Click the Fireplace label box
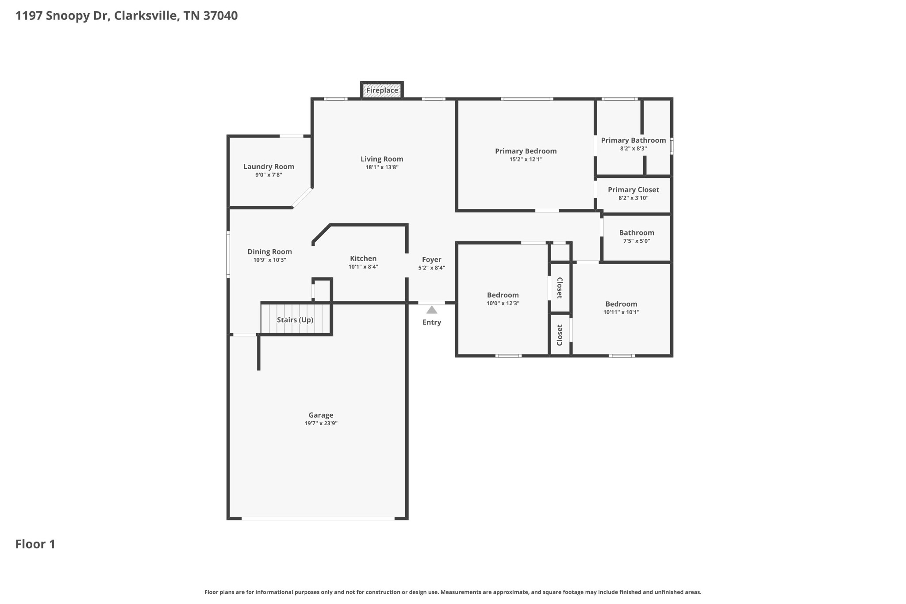point(382,90)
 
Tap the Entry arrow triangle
point(432,310)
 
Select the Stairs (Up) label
point(295,319)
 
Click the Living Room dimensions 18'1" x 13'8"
point(382,167)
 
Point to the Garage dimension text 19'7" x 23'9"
point(321,423)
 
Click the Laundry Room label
point(269,166)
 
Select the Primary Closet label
point(633,189)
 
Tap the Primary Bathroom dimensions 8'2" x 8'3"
point(633,149)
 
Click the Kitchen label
point(363,258)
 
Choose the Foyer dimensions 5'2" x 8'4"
point(431,268)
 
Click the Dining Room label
point(269,251)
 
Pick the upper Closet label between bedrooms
point(560,288)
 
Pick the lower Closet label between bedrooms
point(560,335)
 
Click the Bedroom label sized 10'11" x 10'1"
point(621,304)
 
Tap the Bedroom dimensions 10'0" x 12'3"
point(503,303)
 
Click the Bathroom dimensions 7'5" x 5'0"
point(636,241)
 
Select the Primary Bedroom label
point(526,151)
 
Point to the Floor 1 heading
point(35,544)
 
